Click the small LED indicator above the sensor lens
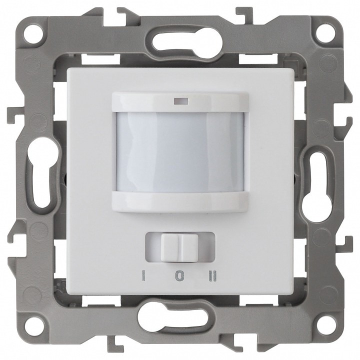pyautogui.click(x=181, y=100)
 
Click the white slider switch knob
pyautogui.click(x=180, y=247)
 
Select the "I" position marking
pyautogui.click(x=143, y=276)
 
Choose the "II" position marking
pyautogui.click(x=213, y=276)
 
